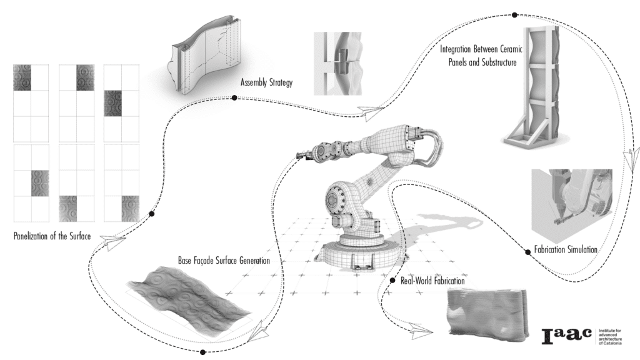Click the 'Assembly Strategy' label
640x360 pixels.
click(x=266, y=83)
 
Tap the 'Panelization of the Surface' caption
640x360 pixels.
click(x=52, y=236)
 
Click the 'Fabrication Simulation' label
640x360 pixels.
click(x=566, y=249)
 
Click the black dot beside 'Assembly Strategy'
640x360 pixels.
click(x=234, y=97)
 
